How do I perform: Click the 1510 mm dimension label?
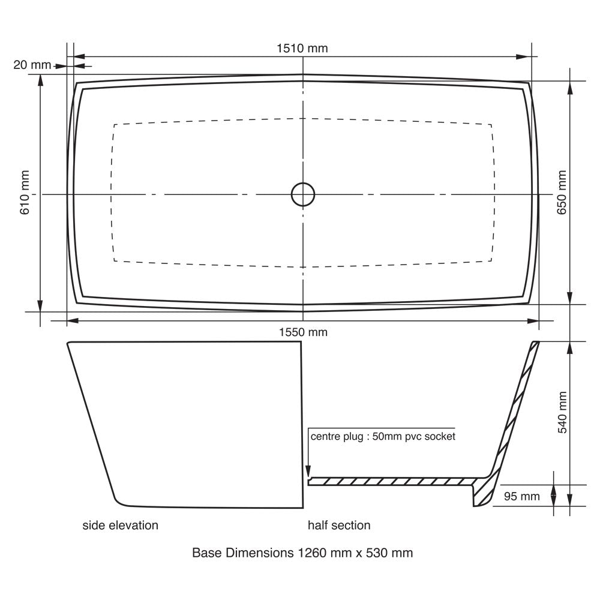tap(302, 49)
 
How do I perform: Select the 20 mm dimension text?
tap(32, 65)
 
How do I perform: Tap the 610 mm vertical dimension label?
tap(25, 193)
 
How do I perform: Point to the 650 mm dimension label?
tap(562, 193)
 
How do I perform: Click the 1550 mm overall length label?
tap(303, 332)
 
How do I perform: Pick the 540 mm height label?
tap(562, 413)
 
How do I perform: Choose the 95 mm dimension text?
tap(521, 496)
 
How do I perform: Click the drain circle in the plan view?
tap(303, 183)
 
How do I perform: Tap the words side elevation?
tap(120, 526)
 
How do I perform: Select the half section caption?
tap(339, 526)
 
